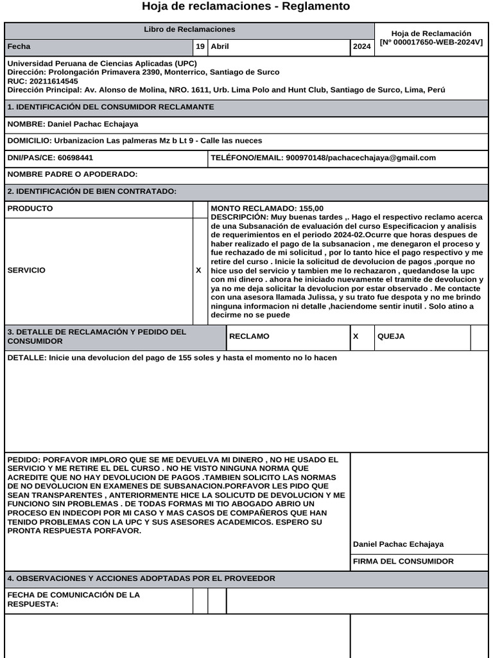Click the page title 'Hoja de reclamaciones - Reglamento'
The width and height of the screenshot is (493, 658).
pos(246,6)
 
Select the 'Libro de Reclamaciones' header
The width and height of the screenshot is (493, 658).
pos(189,30)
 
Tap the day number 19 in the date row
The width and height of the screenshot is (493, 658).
pos(200,47)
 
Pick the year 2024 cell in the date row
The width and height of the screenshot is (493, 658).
pos(361,47)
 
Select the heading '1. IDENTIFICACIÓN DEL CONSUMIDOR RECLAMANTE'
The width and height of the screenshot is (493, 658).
pos(110,107)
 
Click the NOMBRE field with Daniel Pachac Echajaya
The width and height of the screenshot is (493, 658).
pos(73,124)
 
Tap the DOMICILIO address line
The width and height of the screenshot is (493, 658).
pos(135,141)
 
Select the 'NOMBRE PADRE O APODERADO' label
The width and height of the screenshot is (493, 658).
pos(73,174)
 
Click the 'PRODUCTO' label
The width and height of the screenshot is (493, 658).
pos(30,209)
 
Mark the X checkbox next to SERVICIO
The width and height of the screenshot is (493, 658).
pos(199,271)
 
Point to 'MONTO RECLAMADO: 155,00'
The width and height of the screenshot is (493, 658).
pos(268,209)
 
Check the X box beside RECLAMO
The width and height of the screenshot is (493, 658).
pos(356,337)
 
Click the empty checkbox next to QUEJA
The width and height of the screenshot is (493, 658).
pos(479,337)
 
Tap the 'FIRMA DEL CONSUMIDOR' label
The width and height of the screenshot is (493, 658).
pos(403,562)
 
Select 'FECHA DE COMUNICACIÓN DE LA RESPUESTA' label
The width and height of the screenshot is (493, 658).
pos(74,600)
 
